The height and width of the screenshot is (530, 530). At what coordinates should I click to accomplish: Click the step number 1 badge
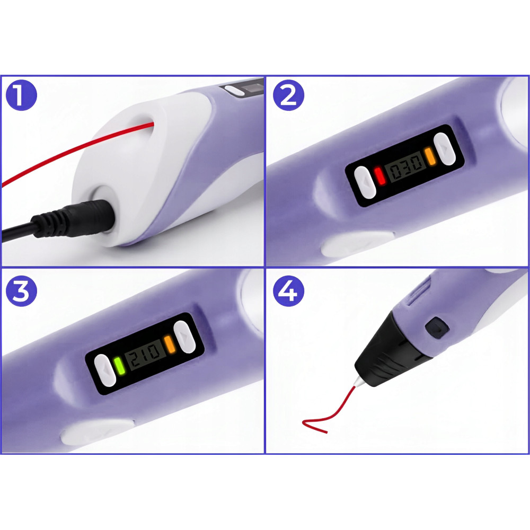click(21, 95)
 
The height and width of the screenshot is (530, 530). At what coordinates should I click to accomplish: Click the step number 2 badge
click(288, 95)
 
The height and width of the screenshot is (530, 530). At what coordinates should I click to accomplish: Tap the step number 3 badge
click(21, 291)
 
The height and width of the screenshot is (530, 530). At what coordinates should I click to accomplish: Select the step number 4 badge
click(288, 291)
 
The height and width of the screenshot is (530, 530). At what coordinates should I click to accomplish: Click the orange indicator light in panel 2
click(430, 156)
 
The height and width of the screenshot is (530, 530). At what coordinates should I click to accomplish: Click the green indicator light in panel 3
click(119, 365)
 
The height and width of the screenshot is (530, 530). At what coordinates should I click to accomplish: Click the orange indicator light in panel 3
click(170, 344)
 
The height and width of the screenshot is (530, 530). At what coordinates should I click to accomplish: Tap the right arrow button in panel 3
click(184, 337)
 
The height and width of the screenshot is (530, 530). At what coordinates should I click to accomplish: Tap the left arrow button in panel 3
click(105, 370)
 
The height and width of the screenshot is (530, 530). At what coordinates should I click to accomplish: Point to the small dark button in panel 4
click(437, 328)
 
